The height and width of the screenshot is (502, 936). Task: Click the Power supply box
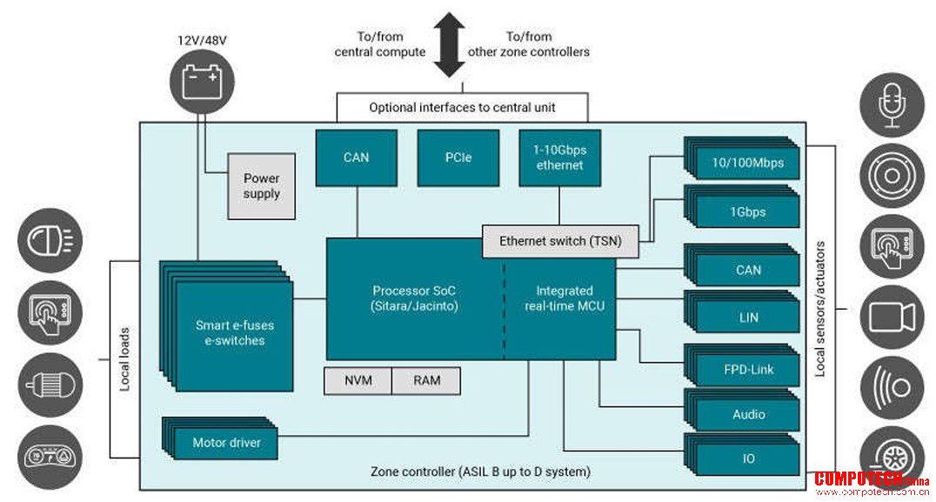262,186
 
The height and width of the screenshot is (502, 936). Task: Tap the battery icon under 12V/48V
202,83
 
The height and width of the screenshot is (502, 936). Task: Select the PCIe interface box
458,157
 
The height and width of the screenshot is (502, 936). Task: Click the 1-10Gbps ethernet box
559,157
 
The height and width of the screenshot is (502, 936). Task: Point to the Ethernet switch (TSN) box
560,241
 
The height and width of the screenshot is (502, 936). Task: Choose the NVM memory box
358,381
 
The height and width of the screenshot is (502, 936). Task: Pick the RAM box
426,381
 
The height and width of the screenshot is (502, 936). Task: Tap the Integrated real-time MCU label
564,298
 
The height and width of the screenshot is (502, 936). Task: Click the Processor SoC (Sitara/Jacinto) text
414,298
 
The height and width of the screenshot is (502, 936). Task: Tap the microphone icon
892,105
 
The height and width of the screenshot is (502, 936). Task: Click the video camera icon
892,317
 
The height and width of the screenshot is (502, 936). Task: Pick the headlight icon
50,241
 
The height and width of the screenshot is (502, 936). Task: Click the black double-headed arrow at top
449,44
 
